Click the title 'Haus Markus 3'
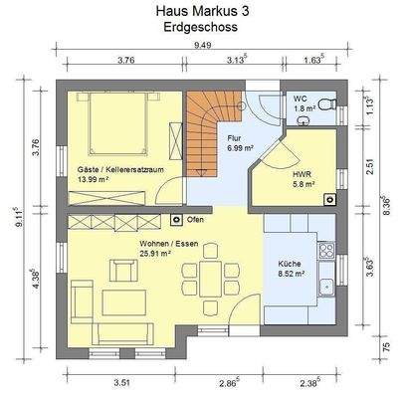pos(202,11)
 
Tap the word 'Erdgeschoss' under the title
pos(201,27)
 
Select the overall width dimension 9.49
pos(203,45)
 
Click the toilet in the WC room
pos(326,105)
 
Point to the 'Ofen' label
pos(195,220)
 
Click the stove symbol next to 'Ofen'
pos(176,220)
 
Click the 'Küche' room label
pos(290,264)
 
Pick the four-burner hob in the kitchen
pos(326,251)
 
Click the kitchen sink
pos(326,288)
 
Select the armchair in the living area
pos(122,270)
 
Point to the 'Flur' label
pos(234,138)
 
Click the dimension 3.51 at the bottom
pos(121,383)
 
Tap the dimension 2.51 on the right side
pos(371,166)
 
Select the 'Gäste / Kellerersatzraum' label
pos(120,170)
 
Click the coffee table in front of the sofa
pos(124,302)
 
